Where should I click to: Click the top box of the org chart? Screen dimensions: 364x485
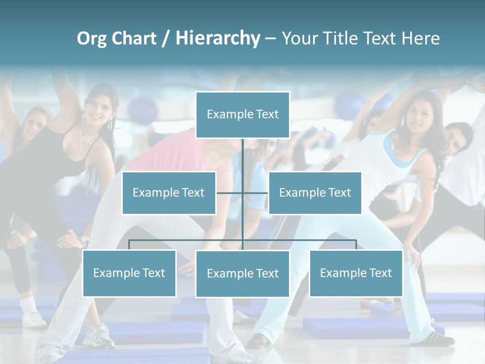tap(243, 115)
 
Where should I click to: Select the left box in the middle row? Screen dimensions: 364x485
tap(169, 193)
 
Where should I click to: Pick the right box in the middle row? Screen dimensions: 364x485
tap(315, 193)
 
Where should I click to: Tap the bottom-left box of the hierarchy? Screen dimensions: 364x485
tap(129, 273)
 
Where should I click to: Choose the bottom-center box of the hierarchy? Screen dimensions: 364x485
tap(243, 274)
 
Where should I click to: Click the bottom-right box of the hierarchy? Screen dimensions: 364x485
tap(356, 273)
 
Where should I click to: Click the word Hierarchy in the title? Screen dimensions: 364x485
tap(218, 38)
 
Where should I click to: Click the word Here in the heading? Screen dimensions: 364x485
tap(420, 38)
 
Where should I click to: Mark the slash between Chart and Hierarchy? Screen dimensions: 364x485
tap(166, 38)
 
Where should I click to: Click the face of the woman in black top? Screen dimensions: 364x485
tap(98, 107)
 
